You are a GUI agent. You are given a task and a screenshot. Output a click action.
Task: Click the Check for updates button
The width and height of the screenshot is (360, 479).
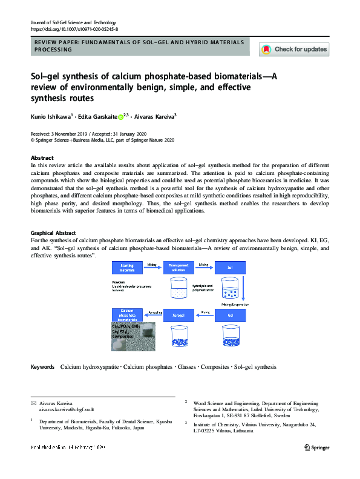point(294,49)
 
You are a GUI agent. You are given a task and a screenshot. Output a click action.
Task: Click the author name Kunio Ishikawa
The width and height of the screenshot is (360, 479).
point(50,117)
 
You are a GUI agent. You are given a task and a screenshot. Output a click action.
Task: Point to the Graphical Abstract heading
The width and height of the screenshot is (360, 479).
point(53,233)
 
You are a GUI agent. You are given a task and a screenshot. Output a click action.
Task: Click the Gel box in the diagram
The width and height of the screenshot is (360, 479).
point(230,315)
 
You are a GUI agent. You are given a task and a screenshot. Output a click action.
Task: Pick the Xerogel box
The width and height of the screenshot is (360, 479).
point(178,315)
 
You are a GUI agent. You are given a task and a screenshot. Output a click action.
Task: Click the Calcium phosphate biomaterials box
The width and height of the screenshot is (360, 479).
point(127,315)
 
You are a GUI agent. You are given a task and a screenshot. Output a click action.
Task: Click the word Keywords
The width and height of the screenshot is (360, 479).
point(42,367)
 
